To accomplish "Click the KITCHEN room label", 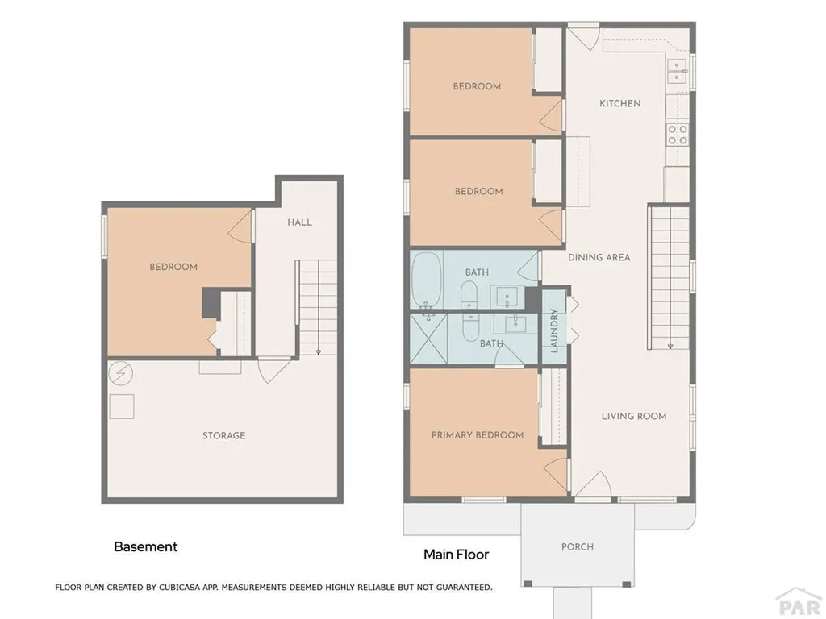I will coord(619,103).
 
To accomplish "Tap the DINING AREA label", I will coord(599,257).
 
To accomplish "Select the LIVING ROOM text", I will coord(633,416).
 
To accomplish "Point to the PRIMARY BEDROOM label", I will coord(477,435).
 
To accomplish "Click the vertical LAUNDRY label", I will coord(554,331).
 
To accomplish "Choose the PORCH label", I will coord(577,546).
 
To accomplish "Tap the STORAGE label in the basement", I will coord(223,435).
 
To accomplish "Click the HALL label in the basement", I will coord(299,222).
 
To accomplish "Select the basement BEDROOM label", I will coord(173,267).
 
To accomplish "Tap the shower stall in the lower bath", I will coord(428,338).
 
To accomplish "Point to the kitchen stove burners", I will coord(678,134).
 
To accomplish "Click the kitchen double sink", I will coord(677,72).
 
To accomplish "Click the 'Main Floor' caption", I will coord(456,555).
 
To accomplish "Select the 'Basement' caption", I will coord(145,546).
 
